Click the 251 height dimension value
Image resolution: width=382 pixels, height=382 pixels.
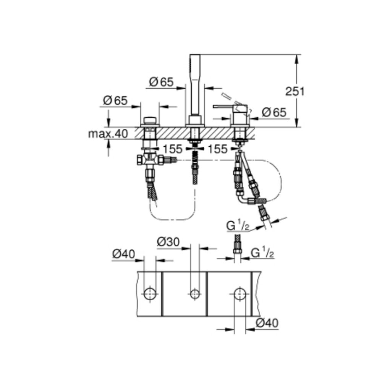point(295,91)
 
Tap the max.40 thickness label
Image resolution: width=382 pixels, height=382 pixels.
point(108,134)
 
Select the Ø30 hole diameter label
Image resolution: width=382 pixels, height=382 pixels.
point(168,242)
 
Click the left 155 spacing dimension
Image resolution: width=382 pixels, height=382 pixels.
point(173,149)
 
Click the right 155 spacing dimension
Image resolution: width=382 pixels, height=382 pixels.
point(217,149)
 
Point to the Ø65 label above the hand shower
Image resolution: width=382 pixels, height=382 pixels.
point(161,82)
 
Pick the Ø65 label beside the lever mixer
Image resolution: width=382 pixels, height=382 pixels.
point(274,112)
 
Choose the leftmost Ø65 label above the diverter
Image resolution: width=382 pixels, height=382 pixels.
point(115,100)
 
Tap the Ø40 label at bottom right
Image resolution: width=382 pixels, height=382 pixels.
point(267,323)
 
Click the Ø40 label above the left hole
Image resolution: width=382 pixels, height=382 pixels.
point(123,254)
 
